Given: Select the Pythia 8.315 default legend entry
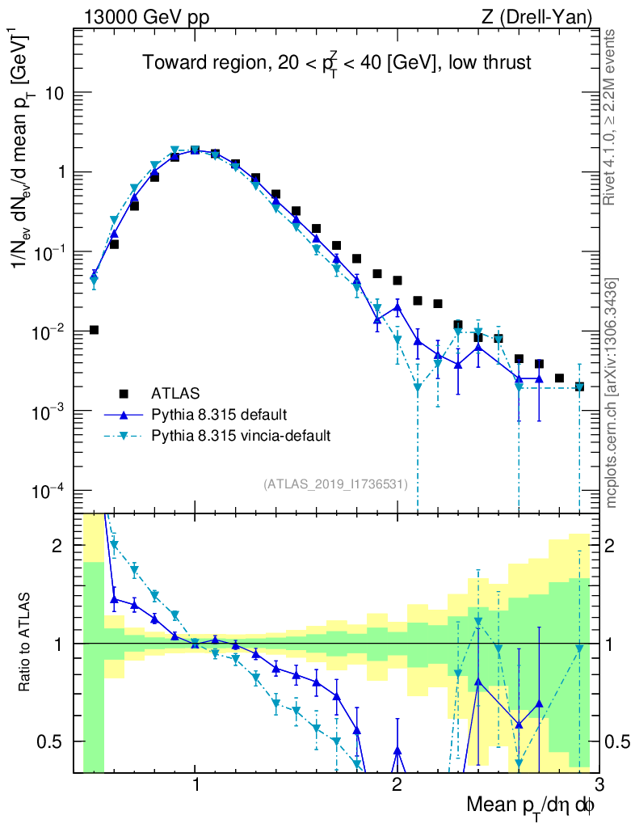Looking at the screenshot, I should pyautogui.click(x=218, y=415).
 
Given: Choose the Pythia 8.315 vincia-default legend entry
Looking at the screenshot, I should pyautogui.click(x=241, y=436).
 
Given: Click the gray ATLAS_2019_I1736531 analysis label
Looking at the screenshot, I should pyautogui.click(x=335, y=484).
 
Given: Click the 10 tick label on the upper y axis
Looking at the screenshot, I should pyautogui.click(x=54, y=93).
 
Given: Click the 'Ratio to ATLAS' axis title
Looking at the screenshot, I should pyautogui.click(x=25, y=643).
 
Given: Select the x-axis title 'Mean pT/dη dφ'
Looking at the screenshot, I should pyautogui.click(x=531, y=806).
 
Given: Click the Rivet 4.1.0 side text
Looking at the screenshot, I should pyautogui.click(x=610, y=117).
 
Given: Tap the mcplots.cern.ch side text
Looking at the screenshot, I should pyautogui.click(x=612, y=392).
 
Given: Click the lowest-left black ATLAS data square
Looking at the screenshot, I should pyautogui.click(x=94, y=330).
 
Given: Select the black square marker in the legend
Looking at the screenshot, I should pyautogui.click(x=124, y=394).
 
